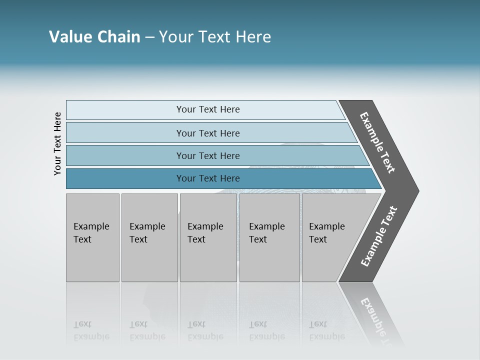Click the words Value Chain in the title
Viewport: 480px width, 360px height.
(x=94, y=37)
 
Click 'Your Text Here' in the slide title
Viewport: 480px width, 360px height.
(x=215, y=37)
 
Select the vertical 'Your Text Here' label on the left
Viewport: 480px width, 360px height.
(x=57, y=144)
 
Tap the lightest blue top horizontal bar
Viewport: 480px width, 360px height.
(x=125, y=110)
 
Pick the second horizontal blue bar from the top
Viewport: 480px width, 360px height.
(x=125, y=133)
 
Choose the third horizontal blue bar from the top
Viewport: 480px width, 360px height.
(x=125, y=155)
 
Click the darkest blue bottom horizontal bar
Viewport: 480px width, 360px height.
(x=125, y=178)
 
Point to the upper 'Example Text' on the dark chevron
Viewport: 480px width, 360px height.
(x=377, y=142)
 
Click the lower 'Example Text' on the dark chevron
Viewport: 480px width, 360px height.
(x=379, y=236)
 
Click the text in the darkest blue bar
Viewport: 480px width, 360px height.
(x=208, y=178)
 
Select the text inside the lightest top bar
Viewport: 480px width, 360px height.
(x=208, y=109)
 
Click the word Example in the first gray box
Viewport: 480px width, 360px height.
(x=91, y=226)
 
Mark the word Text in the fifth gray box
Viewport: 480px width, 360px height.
(x=317, y=239)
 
